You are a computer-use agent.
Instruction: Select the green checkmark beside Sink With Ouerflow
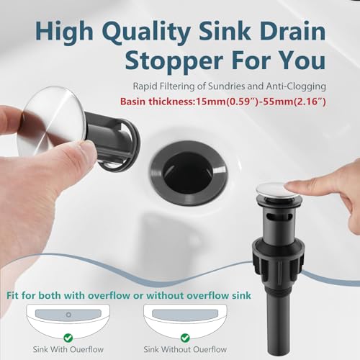68,336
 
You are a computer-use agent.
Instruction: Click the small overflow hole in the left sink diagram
69,314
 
